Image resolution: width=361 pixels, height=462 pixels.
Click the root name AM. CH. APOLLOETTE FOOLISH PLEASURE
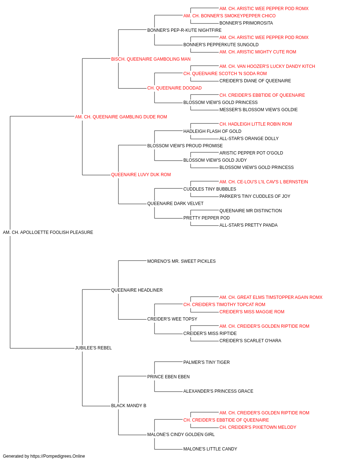click(48, 232)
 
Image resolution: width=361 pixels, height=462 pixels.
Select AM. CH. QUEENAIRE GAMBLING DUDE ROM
click(121, 117)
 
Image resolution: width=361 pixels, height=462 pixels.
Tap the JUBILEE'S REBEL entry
click(93, 348)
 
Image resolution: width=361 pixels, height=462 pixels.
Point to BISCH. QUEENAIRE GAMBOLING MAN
click(151, 59)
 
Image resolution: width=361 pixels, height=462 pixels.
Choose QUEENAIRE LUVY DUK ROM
click(141, 175)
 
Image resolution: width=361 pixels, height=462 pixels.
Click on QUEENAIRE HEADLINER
click(137, 290)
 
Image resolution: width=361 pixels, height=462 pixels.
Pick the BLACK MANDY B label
click(129, 405)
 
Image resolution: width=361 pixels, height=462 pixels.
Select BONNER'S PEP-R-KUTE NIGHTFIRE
click(184, 30)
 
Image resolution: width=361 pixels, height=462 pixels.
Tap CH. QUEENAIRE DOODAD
click(174, 88)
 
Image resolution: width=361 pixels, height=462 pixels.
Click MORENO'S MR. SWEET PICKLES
click(181, 261)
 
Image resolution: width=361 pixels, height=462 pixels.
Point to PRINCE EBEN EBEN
click(168, 377)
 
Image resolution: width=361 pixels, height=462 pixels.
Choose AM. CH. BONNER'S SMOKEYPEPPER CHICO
click(229, 16)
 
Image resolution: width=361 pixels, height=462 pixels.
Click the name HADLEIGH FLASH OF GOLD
click(212, 131)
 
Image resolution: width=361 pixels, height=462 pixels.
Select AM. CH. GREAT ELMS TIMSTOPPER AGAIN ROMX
click(271, 297)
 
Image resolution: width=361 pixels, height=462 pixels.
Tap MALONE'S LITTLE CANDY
click(210, 449)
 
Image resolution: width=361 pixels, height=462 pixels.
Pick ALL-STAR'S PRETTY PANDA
click(248, 225)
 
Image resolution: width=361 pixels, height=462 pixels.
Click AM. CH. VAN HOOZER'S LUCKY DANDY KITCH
click(267, 66)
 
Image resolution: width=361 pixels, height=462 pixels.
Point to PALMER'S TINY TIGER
click(206, 362)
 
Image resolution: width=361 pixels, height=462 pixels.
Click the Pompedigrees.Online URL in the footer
click(58, 456)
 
